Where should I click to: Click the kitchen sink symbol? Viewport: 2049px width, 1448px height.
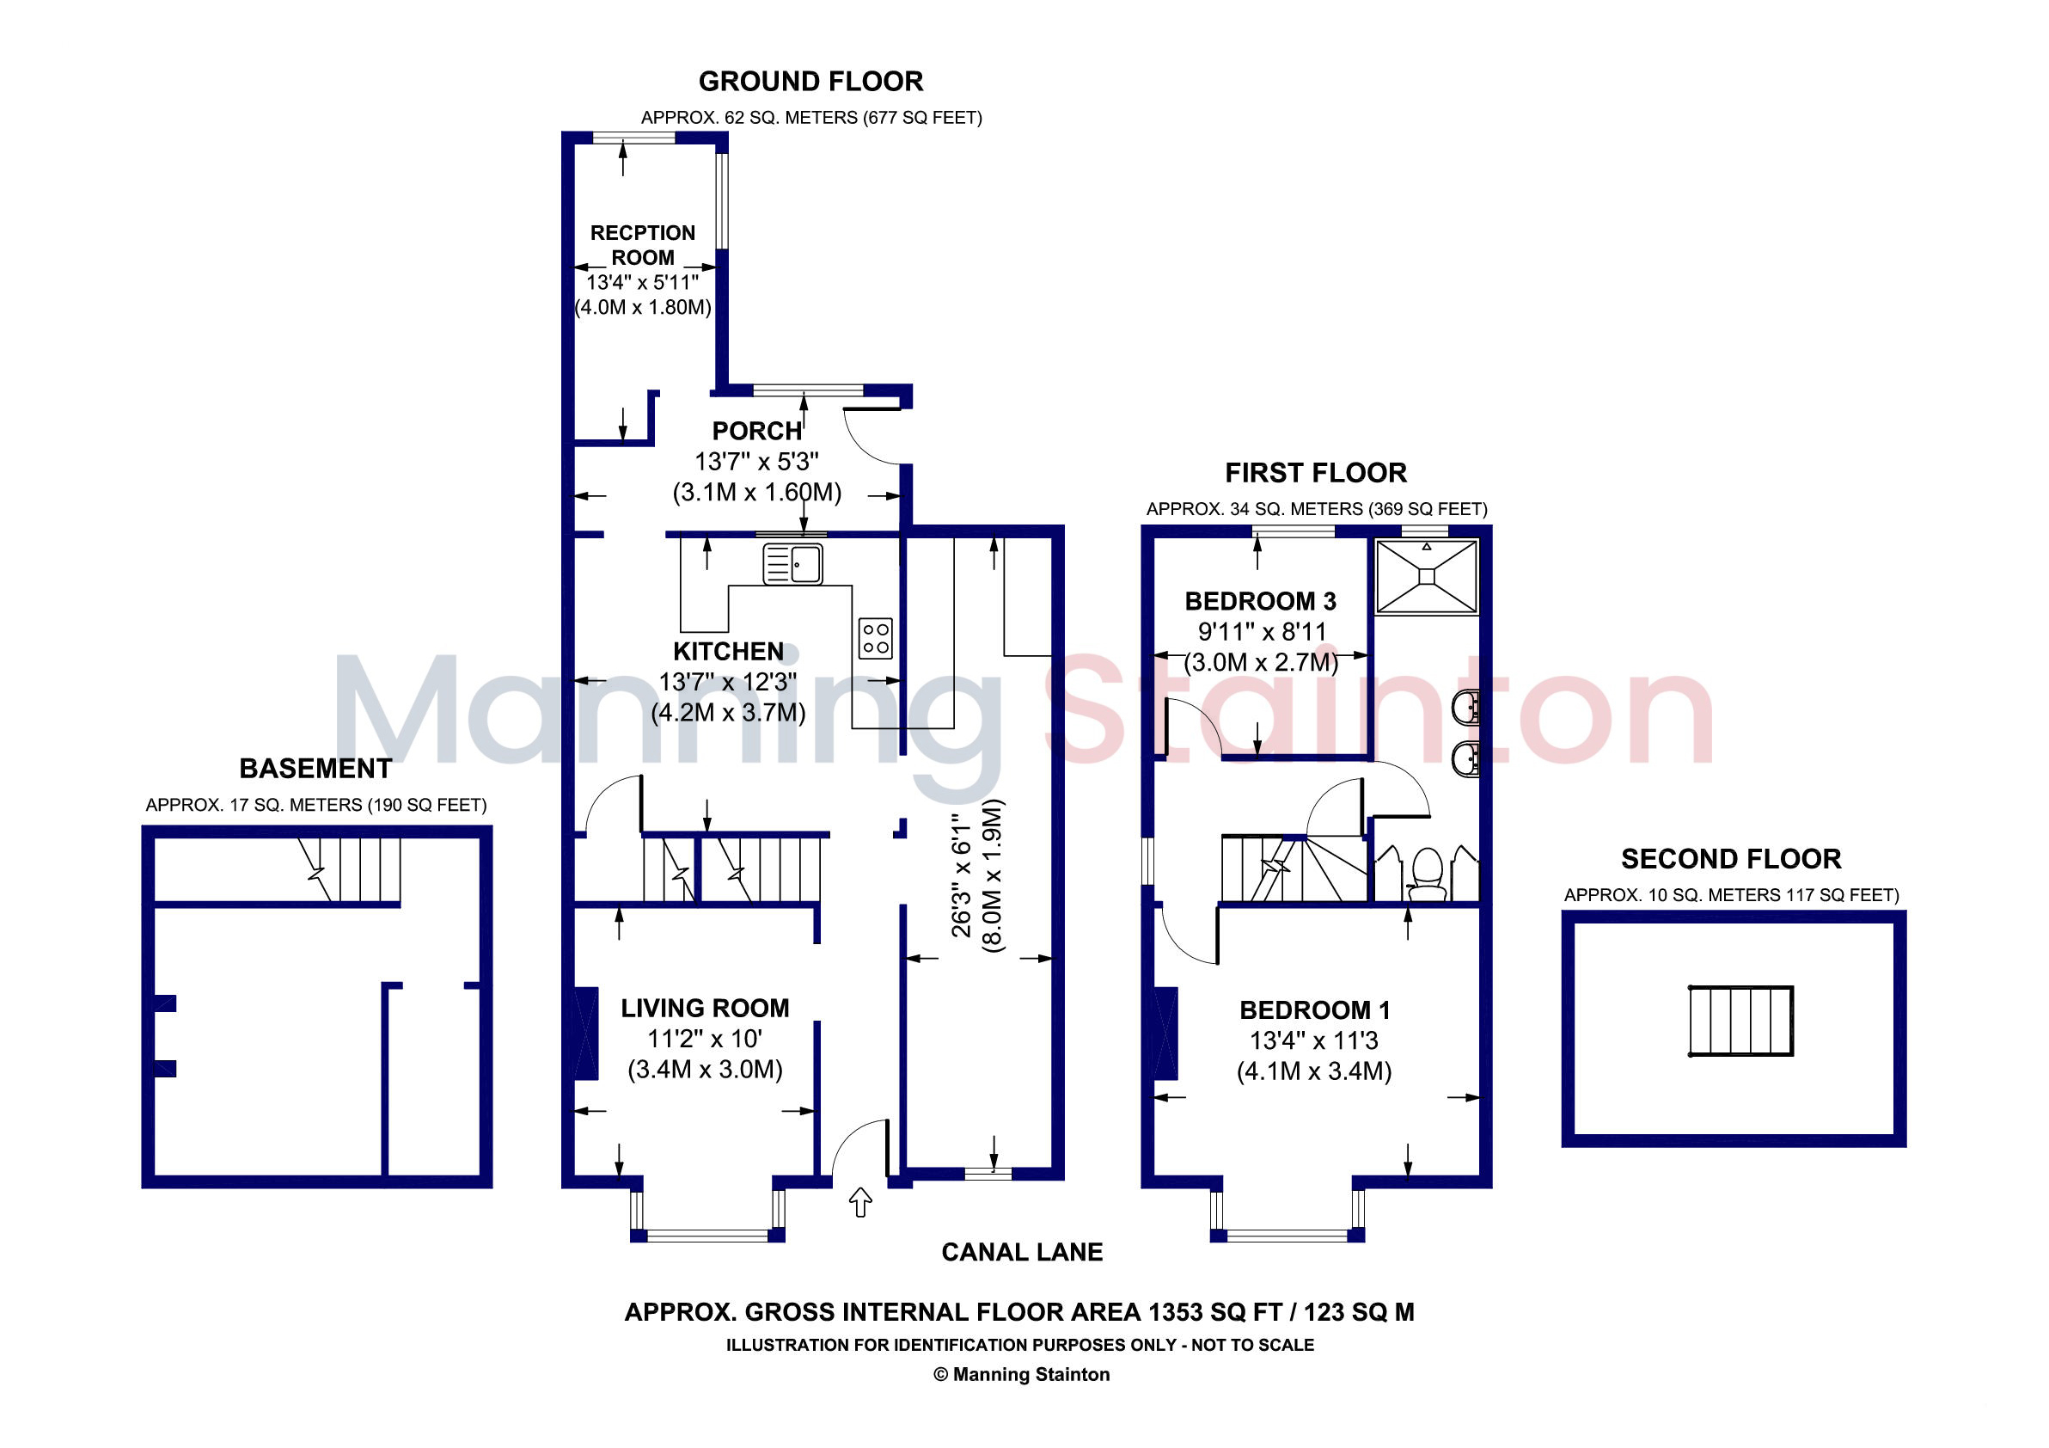click(792, 564)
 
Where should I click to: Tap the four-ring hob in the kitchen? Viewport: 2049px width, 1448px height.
click(876, 638)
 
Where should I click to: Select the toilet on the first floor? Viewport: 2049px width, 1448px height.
click(1427, 874)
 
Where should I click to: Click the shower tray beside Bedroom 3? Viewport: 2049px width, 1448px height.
click(1427, 577)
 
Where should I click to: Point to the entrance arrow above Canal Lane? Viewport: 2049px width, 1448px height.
click(860, 1201)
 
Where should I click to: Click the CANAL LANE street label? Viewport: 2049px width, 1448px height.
click(1022, 1252)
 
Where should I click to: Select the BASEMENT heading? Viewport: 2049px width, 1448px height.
click(315, 769)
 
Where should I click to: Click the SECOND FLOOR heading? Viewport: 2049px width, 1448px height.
click(1731, 859)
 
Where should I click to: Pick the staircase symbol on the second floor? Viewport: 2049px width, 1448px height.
click(1741, 1022)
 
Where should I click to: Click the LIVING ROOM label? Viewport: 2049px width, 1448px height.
click(705, 1008)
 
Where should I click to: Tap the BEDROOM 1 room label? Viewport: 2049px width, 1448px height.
click(1314, 1009)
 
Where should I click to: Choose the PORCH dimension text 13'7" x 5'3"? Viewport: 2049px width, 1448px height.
click(757, 462)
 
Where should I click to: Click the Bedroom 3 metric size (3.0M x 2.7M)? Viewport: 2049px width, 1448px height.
click(1261, 662)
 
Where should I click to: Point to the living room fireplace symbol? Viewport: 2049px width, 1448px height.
click(586, 1033)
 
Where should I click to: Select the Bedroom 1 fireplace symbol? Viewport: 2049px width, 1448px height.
click(1165, 1033)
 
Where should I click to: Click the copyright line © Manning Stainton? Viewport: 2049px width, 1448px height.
click(1022, 1375)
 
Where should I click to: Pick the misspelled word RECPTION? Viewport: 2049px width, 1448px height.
click(643, 233)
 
